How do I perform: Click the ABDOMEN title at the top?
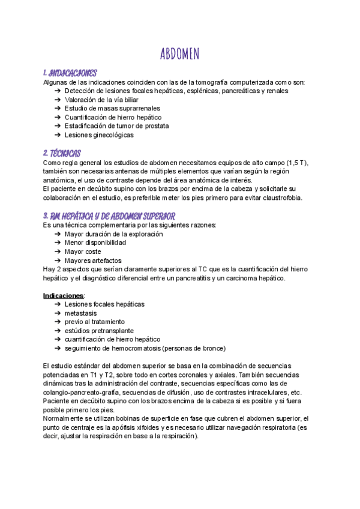(x=180, y=54)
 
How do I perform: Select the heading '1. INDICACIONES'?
(x=70, y=73)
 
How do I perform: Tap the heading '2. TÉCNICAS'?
(x=62, y=154)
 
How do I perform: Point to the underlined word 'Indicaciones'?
(x=64, y=296)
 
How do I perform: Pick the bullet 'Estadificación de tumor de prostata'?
(x=116, y=126)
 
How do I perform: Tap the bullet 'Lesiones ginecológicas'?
(x=99, y=135)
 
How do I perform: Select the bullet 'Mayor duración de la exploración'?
(x=113, y=234)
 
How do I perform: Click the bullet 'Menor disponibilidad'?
(x=95, y=243)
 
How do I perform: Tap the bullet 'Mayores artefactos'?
(x=93, y=261)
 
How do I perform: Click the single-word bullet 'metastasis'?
(x=80, y=313)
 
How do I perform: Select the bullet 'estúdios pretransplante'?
(x=99, y=331)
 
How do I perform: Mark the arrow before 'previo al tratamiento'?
(x=56, y=322)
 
